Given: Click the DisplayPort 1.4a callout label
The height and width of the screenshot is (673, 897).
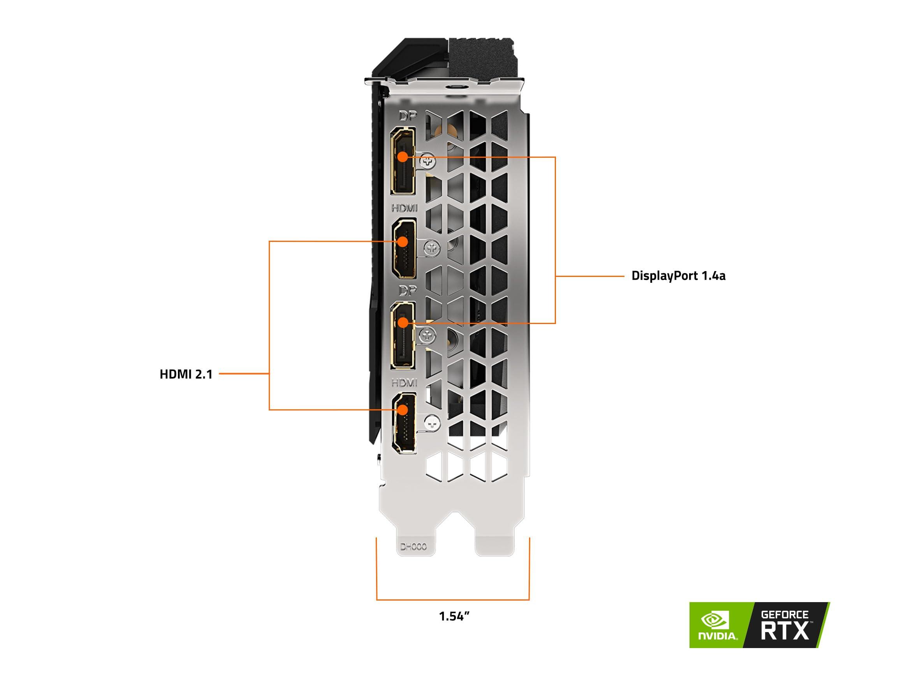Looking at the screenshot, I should pos(678,276).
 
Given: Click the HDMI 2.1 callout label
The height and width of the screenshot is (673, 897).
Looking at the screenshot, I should pos(186,374).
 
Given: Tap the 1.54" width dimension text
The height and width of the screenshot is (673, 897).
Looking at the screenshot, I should pos(454,616).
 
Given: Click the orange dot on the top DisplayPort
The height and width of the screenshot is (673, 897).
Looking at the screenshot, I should pos(403,157).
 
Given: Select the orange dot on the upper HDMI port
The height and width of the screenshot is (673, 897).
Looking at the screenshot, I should pos(403,241).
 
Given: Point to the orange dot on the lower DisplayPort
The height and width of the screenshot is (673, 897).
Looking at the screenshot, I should pos(403,323).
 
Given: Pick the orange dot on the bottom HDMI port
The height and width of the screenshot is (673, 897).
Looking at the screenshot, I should pos(403,410).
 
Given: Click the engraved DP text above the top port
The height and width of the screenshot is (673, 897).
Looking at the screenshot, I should pos(407,117).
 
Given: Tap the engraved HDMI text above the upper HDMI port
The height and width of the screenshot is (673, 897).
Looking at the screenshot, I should pos(404,208).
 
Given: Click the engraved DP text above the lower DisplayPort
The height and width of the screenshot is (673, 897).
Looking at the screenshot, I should pos(407,291).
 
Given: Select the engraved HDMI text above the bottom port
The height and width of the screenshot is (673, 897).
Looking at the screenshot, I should pos(404,382).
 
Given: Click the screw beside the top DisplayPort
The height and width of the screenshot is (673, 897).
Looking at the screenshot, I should pos(427,162).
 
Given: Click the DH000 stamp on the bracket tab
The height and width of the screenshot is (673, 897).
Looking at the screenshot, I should pos(413,547).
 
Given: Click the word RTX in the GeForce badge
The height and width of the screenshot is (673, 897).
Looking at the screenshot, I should pos(784,631).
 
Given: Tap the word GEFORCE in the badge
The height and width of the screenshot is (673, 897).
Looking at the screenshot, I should pos(784,615).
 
